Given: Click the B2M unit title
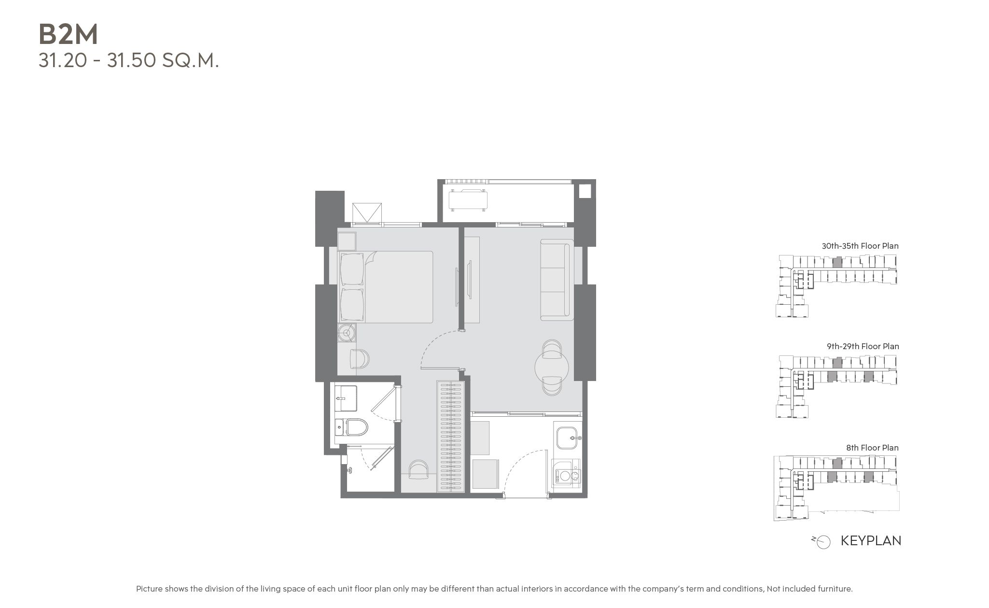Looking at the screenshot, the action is pos(68,34).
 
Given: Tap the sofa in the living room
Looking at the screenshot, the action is pos(557,280).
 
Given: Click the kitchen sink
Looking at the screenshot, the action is pos(568,437).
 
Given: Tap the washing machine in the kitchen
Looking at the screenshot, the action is pos(567,475).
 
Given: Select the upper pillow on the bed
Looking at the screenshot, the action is pos(352,269).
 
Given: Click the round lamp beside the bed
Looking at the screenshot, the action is pos(346,332).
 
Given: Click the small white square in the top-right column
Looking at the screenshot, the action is pos(584,190).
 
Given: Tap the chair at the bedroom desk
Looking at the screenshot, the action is pos(359,359).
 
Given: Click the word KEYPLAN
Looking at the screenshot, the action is pos(871,540).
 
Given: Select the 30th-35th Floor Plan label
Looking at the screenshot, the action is pos(860,246).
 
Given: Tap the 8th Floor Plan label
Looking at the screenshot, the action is pos(872,448).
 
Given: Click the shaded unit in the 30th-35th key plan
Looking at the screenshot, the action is pos(837,263).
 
